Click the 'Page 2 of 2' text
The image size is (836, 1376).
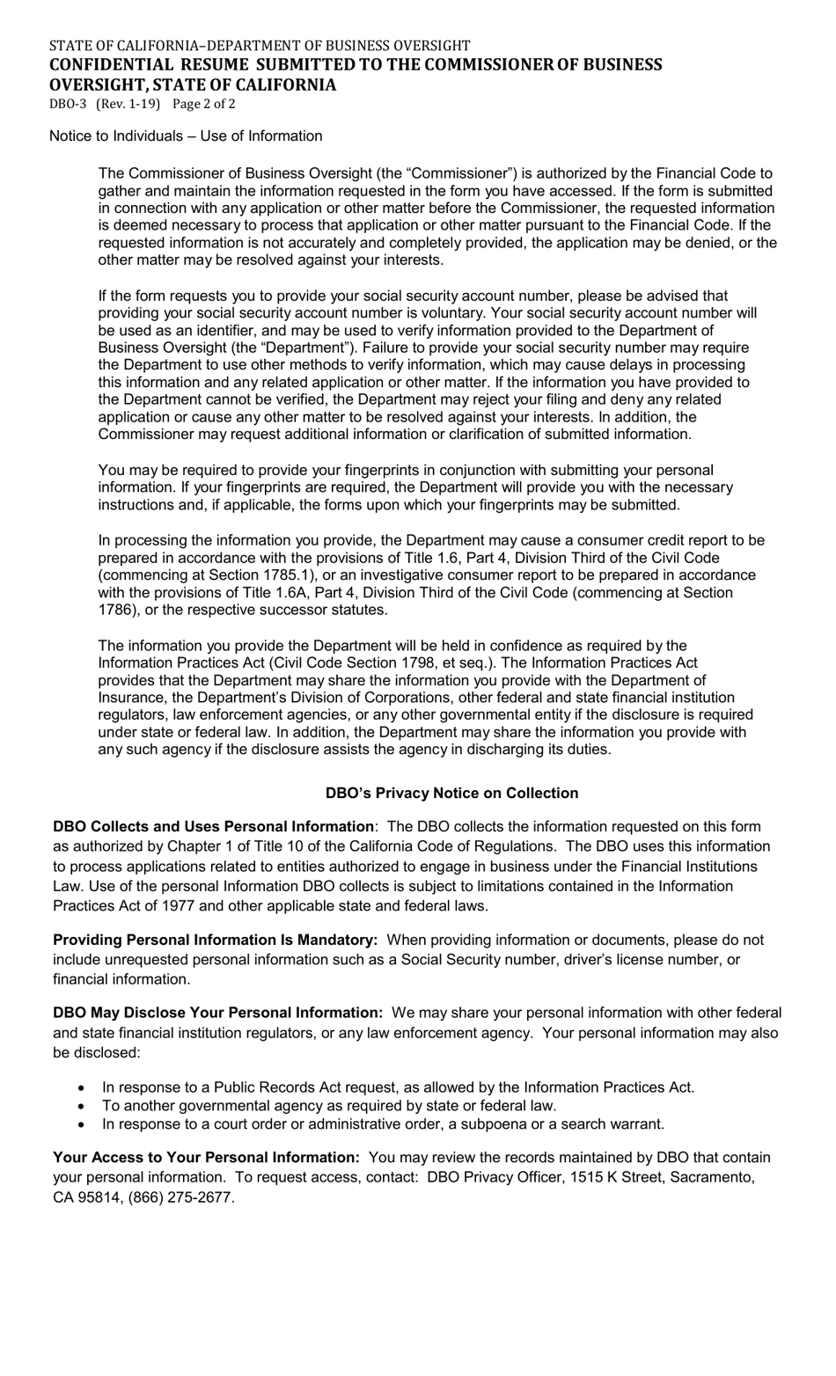tap(204, 104)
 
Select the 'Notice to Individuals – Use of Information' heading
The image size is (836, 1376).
tap(186, 136)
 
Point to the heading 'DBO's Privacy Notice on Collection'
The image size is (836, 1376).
tap(451, 794)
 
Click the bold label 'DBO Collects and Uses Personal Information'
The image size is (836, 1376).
tap(213, 827)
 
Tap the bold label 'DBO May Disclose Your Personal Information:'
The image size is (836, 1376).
tap(217, 1014)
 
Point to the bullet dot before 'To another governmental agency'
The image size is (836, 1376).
tap(83, 1106)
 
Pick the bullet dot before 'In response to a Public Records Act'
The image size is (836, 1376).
tap(83, 1087)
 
